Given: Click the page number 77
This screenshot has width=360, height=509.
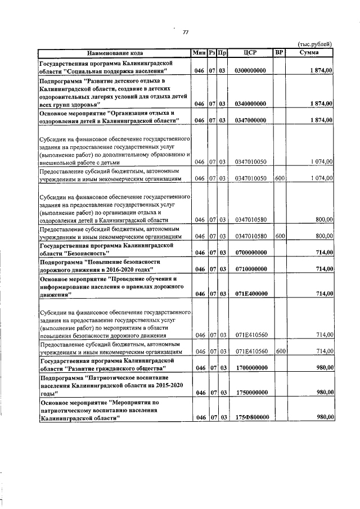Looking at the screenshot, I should tap(185, 32).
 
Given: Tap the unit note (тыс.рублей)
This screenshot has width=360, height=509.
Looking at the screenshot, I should tap(315, 45).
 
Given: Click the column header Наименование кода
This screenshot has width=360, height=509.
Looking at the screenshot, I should tap(114, 53).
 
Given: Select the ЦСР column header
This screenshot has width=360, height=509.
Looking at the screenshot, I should tap(250, 53).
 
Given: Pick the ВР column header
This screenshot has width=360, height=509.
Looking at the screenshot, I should tap(280, 53).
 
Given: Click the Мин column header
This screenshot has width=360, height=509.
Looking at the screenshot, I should tap(199, 53).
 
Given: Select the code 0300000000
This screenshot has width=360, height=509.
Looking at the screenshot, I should tap(250, 71).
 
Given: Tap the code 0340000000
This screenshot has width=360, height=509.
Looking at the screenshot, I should tap(250, 104).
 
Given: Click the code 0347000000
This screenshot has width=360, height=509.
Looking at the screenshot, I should tap(250, 120).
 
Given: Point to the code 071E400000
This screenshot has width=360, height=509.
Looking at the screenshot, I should tap(250, 294).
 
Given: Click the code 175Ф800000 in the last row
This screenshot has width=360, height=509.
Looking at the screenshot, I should tap(250, 418).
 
